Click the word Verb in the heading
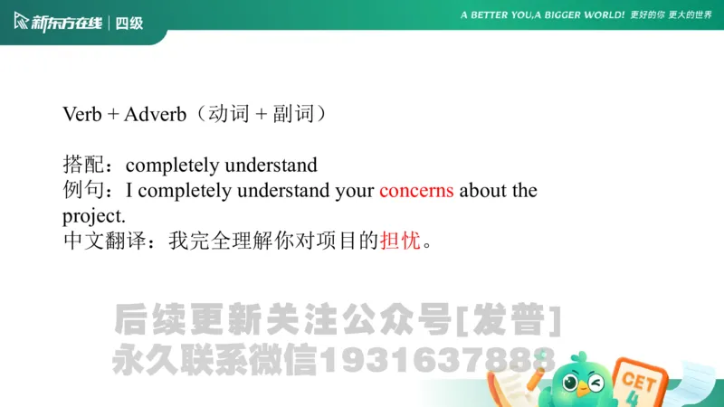pos(82,115)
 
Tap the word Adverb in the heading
pos(155,115)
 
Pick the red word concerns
pos(416,191)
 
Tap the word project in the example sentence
pos(91,216)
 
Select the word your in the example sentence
pos(354,191)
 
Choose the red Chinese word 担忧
pos(400,241)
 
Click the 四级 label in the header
pos(130,23)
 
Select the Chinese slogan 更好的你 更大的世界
pos(672,15)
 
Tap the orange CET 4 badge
pos(639,380)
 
